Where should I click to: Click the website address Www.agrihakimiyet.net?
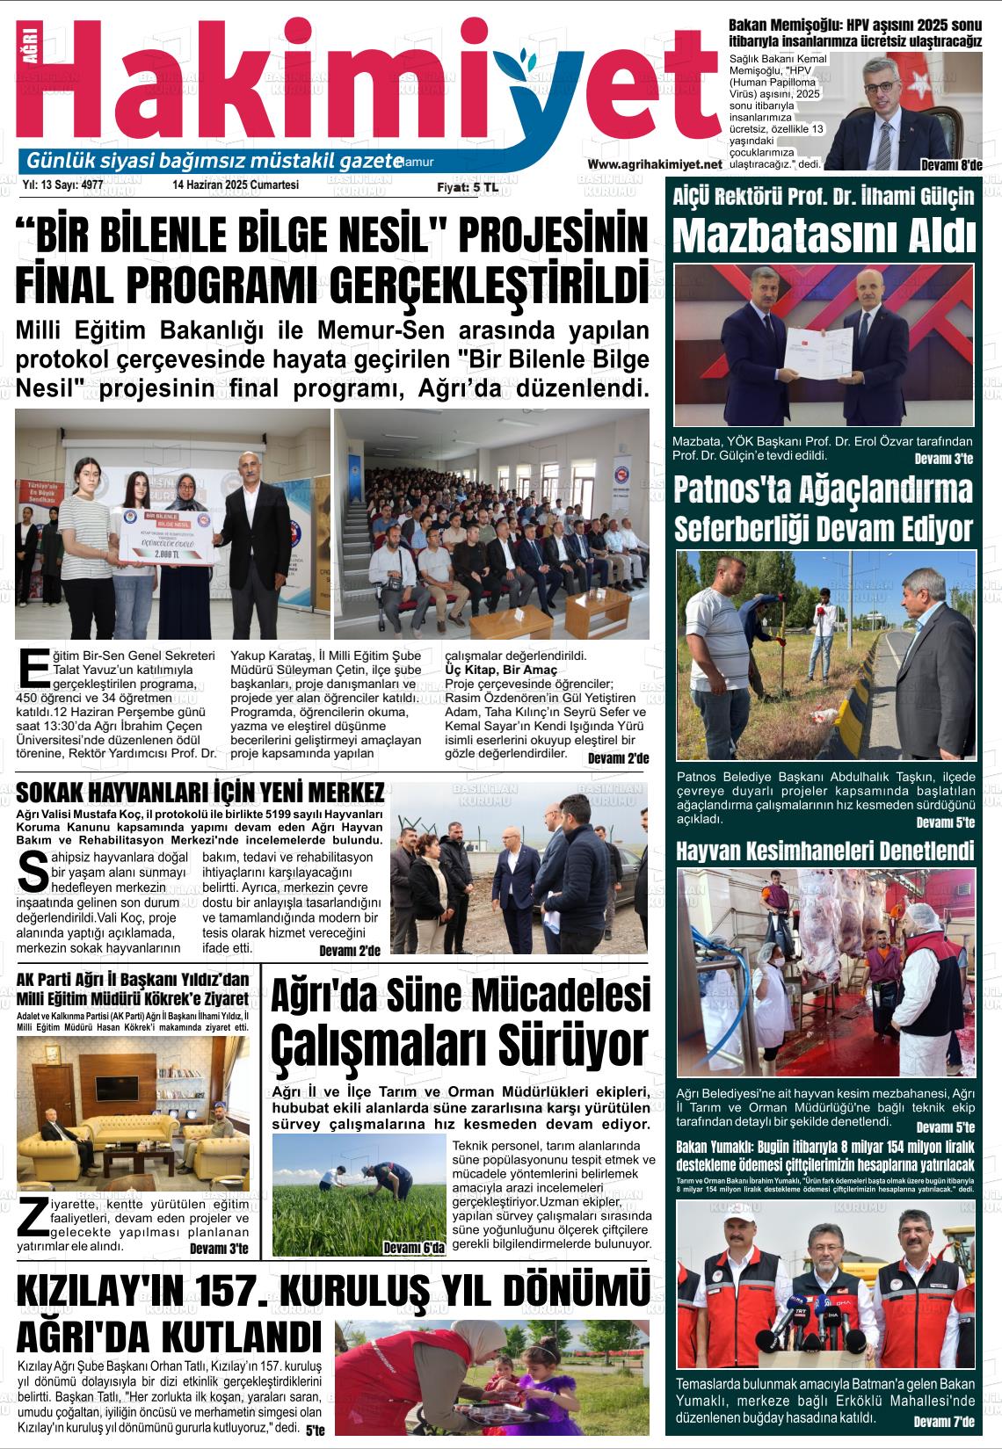(654, 164)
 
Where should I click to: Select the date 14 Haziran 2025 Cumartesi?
(236, 185)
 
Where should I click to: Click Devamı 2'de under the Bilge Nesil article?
(618, 758)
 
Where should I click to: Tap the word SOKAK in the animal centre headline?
(51, 793)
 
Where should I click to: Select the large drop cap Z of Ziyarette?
(33, 1218)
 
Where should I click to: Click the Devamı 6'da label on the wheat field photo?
(414, 1248)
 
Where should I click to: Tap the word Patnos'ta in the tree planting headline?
(735, 490)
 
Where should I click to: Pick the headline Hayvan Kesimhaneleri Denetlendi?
(824, 851)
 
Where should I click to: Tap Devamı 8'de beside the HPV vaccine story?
(950, 165)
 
